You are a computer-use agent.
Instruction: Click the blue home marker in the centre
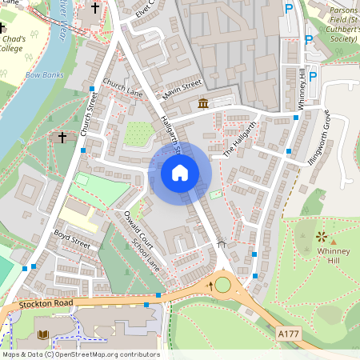pyautogui.click(x=180, y=172)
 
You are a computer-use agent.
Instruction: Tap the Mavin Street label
pyautogui.click(x=182, y=85)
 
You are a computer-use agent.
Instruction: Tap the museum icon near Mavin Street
pyautogui.click(x=203, y=104)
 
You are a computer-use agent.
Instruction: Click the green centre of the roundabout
pyautogui.click(x=222, y=284)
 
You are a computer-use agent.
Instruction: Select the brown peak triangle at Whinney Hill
pyautogui.click(x=334, y=241)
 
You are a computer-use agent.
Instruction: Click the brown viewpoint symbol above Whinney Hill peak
pyautogui.click(x=322, y=236)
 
